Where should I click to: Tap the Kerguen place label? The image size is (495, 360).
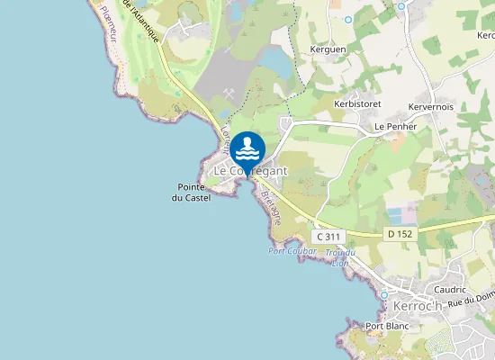pos(328,49)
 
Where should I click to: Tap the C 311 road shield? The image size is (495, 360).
pos(329,236)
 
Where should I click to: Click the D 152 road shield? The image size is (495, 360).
pos(400,234)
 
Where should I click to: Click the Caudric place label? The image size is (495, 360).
pos(450,290)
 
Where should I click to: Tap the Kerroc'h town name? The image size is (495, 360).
pos(418,306)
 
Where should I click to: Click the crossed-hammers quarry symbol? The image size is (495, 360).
pos(229,94)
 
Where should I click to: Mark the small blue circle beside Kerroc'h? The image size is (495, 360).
pos(384,294)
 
